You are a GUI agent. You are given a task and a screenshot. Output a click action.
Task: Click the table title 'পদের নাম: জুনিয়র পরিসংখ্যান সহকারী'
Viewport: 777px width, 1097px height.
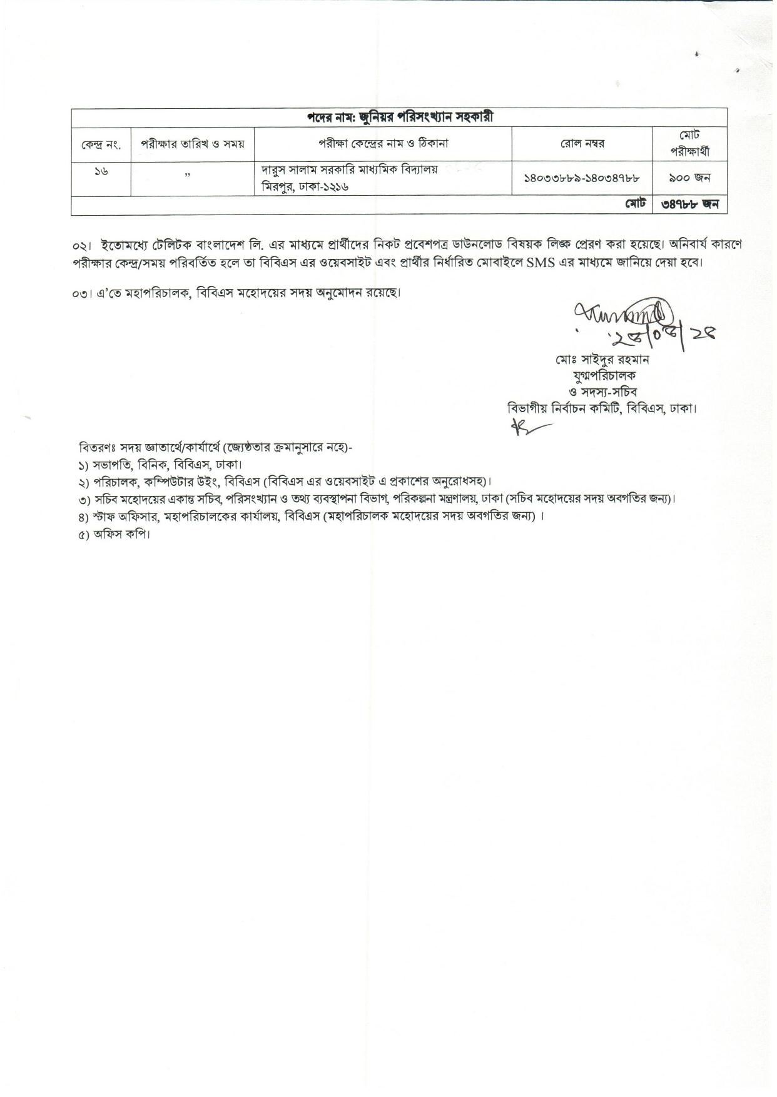tap(399, 117)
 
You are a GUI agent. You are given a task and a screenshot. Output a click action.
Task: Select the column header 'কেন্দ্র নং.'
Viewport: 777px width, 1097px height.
tap(101, 144)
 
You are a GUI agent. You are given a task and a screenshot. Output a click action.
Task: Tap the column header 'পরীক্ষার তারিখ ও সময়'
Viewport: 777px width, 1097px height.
tap(192, 143)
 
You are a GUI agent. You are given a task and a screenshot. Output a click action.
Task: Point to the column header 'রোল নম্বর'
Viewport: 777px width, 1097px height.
tap(582, 143)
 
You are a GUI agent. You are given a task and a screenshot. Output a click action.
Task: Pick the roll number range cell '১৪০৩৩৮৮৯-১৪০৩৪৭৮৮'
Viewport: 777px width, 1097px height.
tap(582, 178)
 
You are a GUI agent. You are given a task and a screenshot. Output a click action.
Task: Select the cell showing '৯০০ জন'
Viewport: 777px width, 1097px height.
tap(689, 178)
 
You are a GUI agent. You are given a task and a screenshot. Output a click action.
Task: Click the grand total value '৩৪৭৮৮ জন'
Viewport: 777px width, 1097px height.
tap(689, 205)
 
